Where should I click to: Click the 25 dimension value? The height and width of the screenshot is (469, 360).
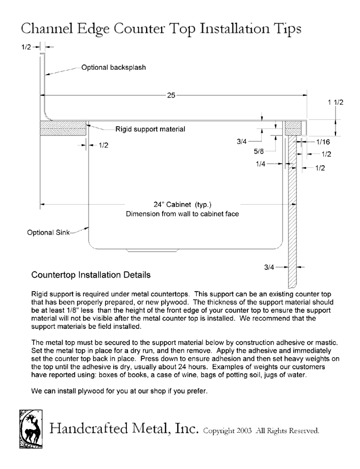pos(171,95)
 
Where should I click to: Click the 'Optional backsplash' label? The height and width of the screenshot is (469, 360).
pos(114,67)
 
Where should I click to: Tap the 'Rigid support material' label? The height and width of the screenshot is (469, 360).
pos(150,129)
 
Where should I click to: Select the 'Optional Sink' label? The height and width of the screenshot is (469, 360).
pos(48,232)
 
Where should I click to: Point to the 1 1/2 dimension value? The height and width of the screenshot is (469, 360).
pos(335,102)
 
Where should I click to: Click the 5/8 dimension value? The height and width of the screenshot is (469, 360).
pos(259,151)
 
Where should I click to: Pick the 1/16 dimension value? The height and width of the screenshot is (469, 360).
pos(323,142)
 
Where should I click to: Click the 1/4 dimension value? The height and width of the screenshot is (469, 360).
pos(260,164)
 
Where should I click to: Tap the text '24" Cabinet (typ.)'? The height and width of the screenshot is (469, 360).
pos(182,205)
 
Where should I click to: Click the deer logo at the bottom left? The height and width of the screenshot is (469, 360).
pos(31,429)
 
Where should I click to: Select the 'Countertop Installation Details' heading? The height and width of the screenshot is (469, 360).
pos(91,275)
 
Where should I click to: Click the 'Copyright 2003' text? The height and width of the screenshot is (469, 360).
pos(227,431)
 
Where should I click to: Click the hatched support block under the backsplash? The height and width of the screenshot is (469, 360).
pos(63,128)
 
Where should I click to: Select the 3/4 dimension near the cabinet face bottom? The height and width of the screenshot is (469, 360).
pos(269,267)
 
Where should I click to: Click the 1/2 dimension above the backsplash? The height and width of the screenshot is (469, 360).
pos(26,47)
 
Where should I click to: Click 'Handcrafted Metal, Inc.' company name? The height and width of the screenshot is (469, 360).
pos(124,428)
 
